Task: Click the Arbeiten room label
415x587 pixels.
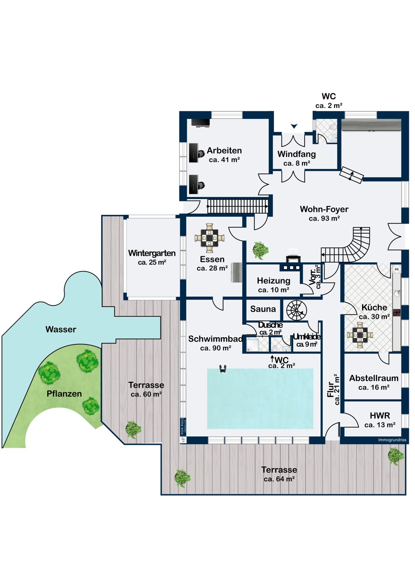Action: (224, 151)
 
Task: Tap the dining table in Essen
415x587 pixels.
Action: (209, 238)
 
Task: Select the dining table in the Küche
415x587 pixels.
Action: (360, 335)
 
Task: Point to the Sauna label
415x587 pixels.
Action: (263, 309)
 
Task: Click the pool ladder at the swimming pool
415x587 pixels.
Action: (223, 369)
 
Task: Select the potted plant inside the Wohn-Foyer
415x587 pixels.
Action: (260, 250)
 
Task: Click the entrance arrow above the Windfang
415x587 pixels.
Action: (294, 126)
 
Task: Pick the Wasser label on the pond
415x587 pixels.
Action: (61, 330)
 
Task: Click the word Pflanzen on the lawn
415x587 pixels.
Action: (64, 394)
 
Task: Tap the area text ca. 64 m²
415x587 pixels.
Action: (279, 479)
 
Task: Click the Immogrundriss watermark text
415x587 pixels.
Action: (392, 440)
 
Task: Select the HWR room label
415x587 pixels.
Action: (379, 416)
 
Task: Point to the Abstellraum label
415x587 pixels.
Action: (373, 378)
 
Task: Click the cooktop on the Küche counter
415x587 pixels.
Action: (397, 312)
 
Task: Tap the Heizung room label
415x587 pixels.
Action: (273, 281)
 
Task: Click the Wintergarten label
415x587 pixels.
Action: (152, 253)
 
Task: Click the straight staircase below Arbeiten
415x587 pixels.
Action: (237, 206)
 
